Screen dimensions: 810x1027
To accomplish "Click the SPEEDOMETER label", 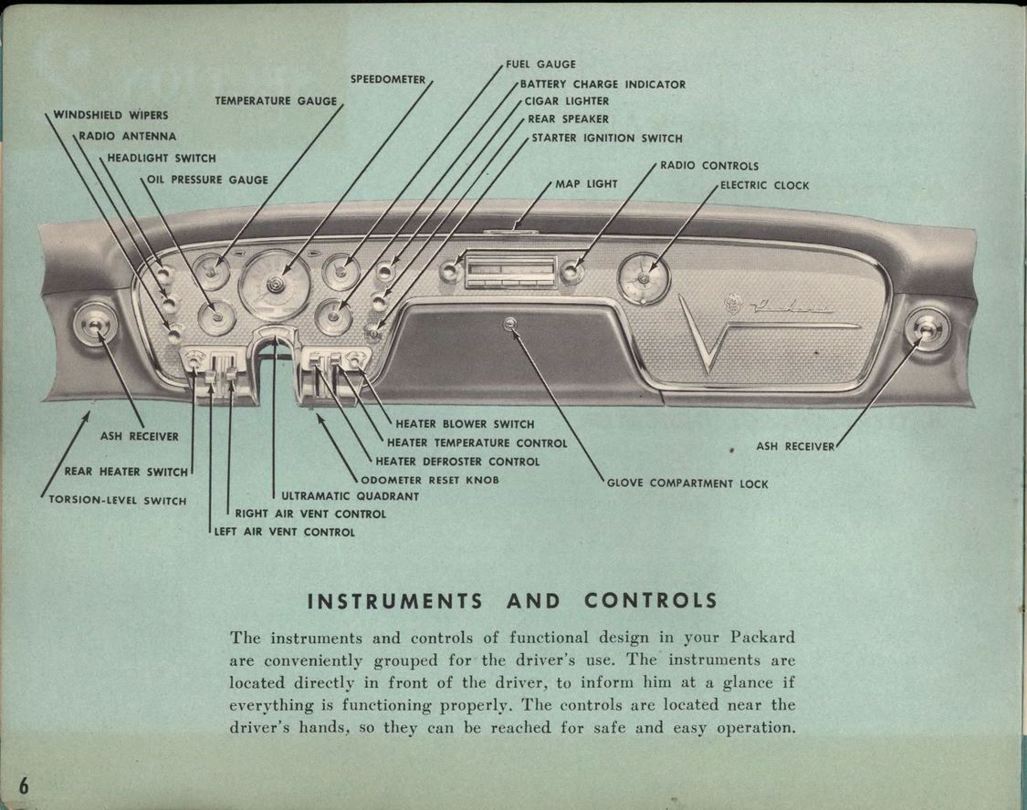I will coord(388,79).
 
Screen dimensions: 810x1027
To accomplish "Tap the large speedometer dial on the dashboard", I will coord(273,286).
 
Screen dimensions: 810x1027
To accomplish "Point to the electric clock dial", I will coord(644,278).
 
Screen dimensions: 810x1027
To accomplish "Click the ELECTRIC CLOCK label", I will coord(764,185).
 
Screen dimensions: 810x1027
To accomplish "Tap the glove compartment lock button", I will coord(509,323).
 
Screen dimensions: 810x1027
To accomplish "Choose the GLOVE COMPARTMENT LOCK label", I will coord(687,483).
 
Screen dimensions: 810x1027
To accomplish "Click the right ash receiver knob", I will coord(927,328).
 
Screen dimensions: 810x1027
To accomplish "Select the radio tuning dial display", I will coord(510,270).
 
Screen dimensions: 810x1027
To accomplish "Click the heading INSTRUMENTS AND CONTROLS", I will coord(512,601).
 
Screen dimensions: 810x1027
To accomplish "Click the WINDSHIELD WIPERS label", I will coord(110,115).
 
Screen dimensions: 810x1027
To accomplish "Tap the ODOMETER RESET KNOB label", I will coord(430,479).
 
